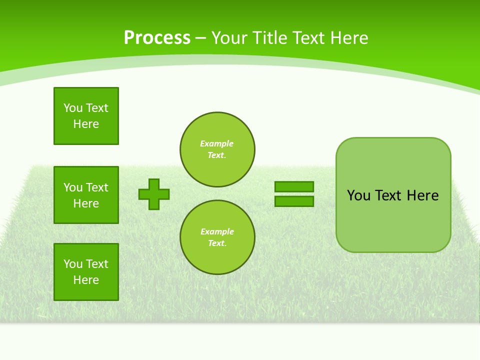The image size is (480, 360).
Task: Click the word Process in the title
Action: pyautogui.click(x=157, y=37)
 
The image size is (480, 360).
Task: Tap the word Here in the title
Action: pyautogui.click(x=349, y=38)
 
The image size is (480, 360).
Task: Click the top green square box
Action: pyautogui.click(x=86, y=116)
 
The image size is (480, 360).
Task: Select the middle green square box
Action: pyautogui.click(x=86, y=195)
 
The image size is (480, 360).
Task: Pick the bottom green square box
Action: pyautogui.click(x=86, y=272)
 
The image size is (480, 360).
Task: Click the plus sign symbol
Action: pyautogui.click(x=154, y=194)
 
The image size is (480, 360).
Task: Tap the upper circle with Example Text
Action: pyautogui.click(x=217, y=149)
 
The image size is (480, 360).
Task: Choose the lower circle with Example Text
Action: pyautogui.click(x=217, y=237)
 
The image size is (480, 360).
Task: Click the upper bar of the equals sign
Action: pyautogui.click(x=294, y=186)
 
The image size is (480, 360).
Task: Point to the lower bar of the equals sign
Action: pyautogui.click(x=294, y=201)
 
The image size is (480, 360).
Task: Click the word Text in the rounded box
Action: pyautogui.click(x=388, y=195)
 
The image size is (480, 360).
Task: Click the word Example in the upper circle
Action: pyautogui.click(x=217, y=143)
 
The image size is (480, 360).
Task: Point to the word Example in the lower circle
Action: pyautogui.click(x=217, y=231)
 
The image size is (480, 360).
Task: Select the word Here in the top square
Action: pyautogui.click(x=86, y=124)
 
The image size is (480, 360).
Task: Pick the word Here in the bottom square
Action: pyautogui.click(x=86, y=280)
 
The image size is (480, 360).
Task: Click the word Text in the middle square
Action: pyautogui.click(x=97, y=187)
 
